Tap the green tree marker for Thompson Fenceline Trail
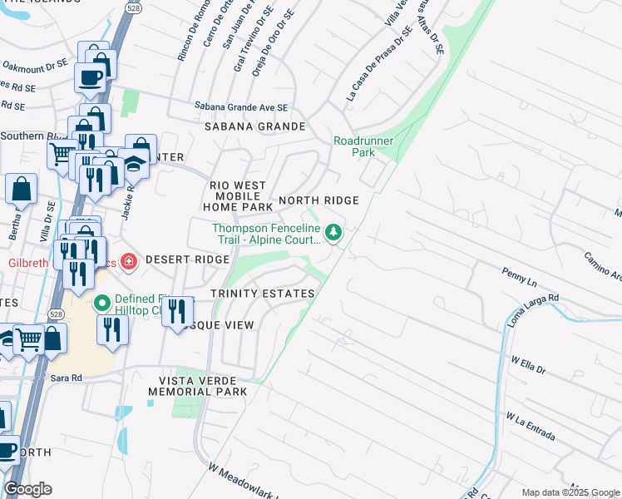coord(333,232)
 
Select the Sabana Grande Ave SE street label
coord(240,106)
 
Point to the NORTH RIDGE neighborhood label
coord(318,200)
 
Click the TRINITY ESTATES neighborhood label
coord(262,294)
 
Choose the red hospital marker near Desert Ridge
coord(129,263)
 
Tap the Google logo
coord(28,489)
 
